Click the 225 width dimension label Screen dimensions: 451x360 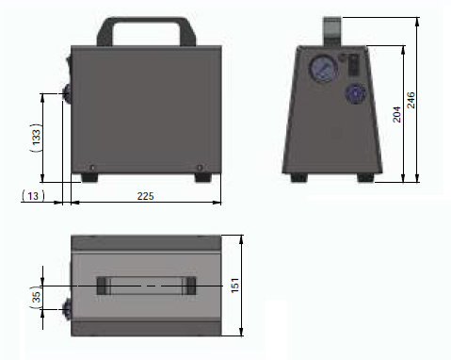[x=145, y=196]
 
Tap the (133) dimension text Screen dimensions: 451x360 [x=37, y=138]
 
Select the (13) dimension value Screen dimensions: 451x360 [x=33, y=196]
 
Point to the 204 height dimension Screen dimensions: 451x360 [x=397, y=114]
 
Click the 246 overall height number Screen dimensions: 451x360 [x=411, y=100]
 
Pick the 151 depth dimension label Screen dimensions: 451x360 [x=235, y=286]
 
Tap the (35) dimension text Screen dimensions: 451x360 [x=37, y=297]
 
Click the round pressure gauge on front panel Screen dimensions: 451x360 [x=324, y=69]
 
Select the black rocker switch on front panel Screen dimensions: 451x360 [x=354, y=65]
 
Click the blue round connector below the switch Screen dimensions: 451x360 [x=356, y=93]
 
